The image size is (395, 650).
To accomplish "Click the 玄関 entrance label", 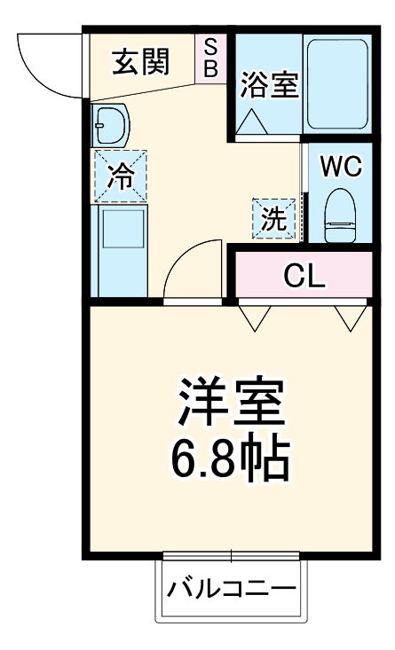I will (x=140, y=64).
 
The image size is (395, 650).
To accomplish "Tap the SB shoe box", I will (x=211, y=58).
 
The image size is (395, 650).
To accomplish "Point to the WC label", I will (x=341, y=167).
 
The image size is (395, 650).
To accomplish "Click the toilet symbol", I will (x=340, y=215).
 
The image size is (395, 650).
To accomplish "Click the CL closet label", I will (x=304, y=277).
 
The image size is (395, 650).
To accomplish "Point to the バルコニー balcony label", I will (x=232, y=590).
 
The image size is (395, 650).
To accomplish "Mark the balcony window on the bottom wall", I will (x=232, y=556).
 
